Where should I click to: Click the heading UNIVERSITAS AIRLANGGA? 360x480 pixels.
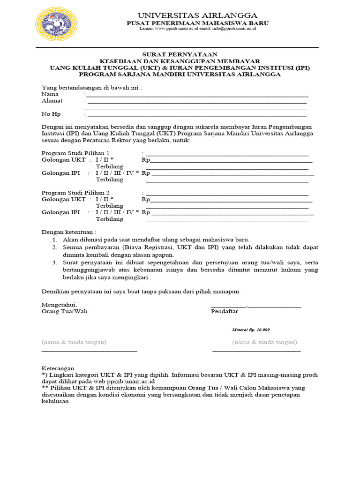click(197, 15)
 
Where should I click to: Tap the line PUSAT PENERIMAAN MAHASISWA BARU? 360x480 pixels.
click(197, 23)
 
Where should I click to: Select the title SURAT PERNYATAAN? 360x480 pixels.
click(180, 55)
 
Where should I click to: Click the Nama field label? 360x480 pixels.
click(50, 94)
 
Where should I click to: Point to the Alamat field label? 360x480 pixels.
click(52, 100)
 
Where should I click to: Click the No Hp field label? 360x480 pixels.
click(51, 114)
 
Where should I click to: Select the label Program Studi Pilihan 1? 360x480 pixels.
click(75, 153)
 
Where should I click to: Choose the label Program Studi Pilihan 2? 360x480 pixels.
click(75, 193)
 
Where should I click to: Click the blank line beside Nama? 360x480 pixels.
click(197, 96)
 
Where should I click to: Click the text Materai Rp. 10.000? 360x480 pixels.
click(251, 330)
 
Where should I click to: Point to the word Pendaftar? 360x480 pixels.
click(225, 311)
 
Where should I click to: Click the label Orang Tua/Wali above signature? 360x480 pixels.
click(65, 311)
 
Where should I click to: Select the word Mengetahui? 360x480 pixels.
click(60, 305)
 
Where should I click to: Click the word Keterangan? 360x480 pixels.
click(58, 368)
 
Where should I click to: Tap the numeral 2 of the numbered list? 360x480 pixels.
click(54, 247)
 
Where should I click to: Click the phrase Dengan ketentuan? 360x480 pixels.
click(69, 232)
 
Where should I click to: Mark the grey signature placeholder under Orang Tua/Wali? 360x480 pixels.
click(74, 342)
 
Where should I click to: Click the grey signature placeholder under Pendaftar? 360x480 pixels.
click(264, 342)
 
